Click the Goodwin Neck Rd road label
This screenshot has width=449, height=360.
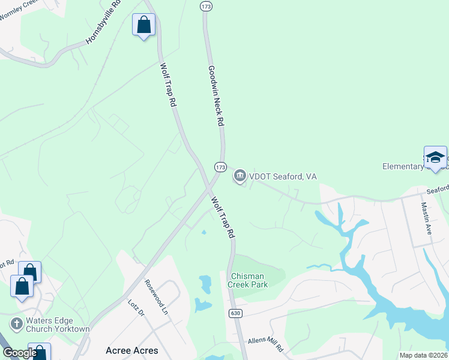pyautogui.click(x=215, y=95)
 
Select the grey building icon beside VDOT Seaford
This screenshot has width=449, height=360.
pyautogui.click(x=240, y=176)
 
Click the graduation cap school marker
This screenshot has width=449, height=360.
pyautogui.click(x=435, y=158)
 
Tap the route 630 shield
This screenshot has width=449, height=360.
pyautogui.click(x=235, y=313)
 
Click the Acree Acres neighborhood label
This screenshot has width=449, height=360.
pyautogui.click(x=131, y=350)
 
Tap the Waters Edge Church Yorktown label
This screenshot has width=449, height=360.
pyautogui.click(x=58, y=325)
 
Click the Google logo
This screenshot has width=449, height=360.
pyautogui.click(x=20, y=353)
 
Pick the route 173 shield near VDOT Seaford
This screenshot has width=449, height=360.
pyautogui.click(x=220, y=166)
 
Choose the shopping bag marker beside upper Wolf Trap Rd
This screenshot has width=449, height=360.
pyautogui.click(x=143, y=25)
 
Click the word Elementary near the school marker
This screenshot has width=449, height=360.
pyautogui.click(x=403, y=166)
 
